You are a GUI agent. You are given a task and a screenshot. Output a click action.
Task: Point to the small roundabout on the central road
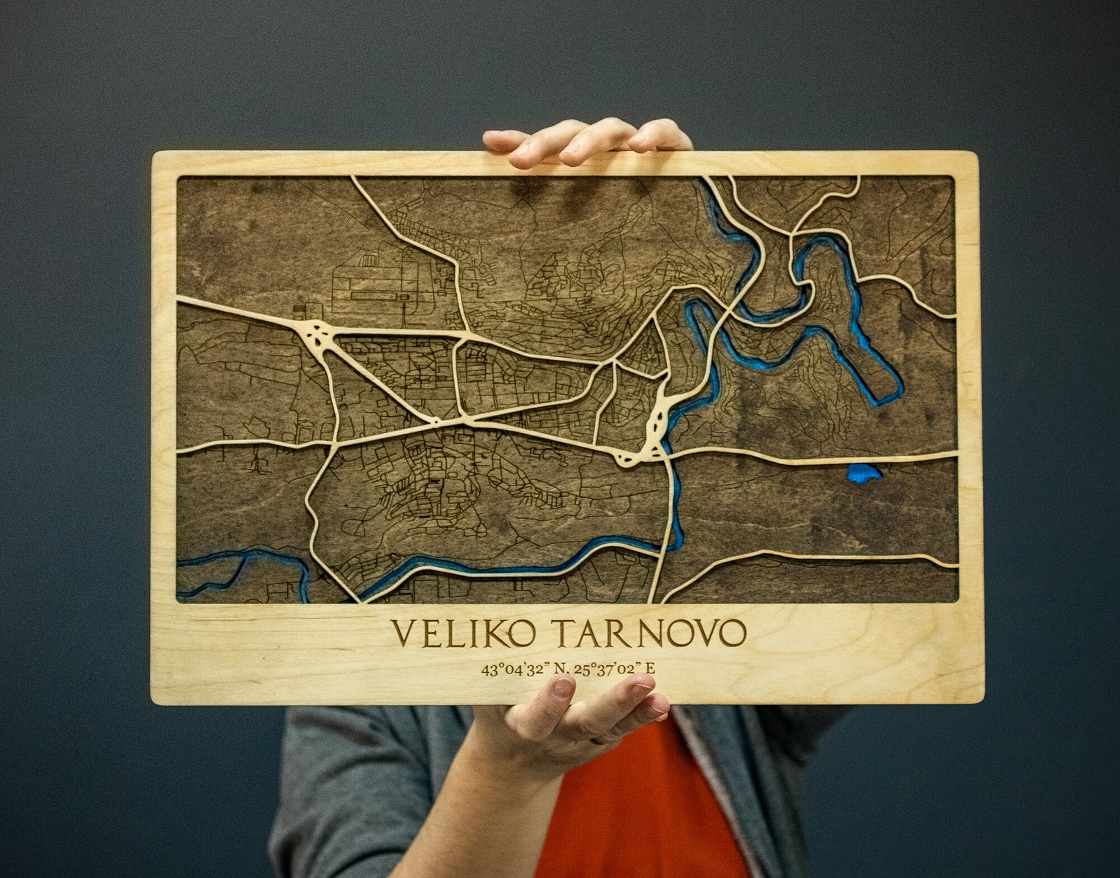pyautogui.click(x=433, y=420)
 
